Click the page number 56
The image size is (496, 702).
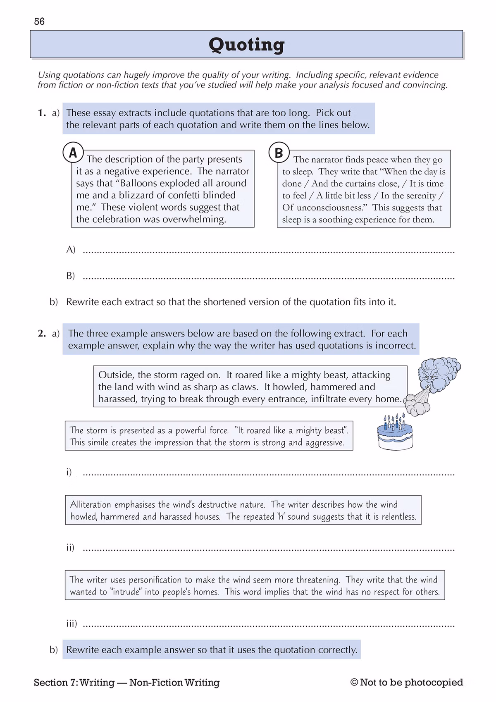coord(39,21)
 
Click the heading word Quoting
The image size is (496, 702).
coord(246,44)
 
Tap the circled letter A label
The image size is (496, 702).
coord(73,153)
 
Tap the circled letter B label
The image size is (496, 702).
coord(279,153)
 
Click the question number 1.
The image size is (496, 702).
coord(41,113)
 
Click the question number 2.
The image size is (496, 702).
coord(41,334)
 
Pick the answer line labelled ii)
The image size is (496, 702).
coord(269,549)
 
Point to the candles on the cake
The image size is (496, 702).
coord(394,422)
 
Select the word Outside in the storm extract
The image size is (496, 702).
coord(116,375)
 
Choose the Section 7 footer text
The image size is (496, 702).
coord(126,683)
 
